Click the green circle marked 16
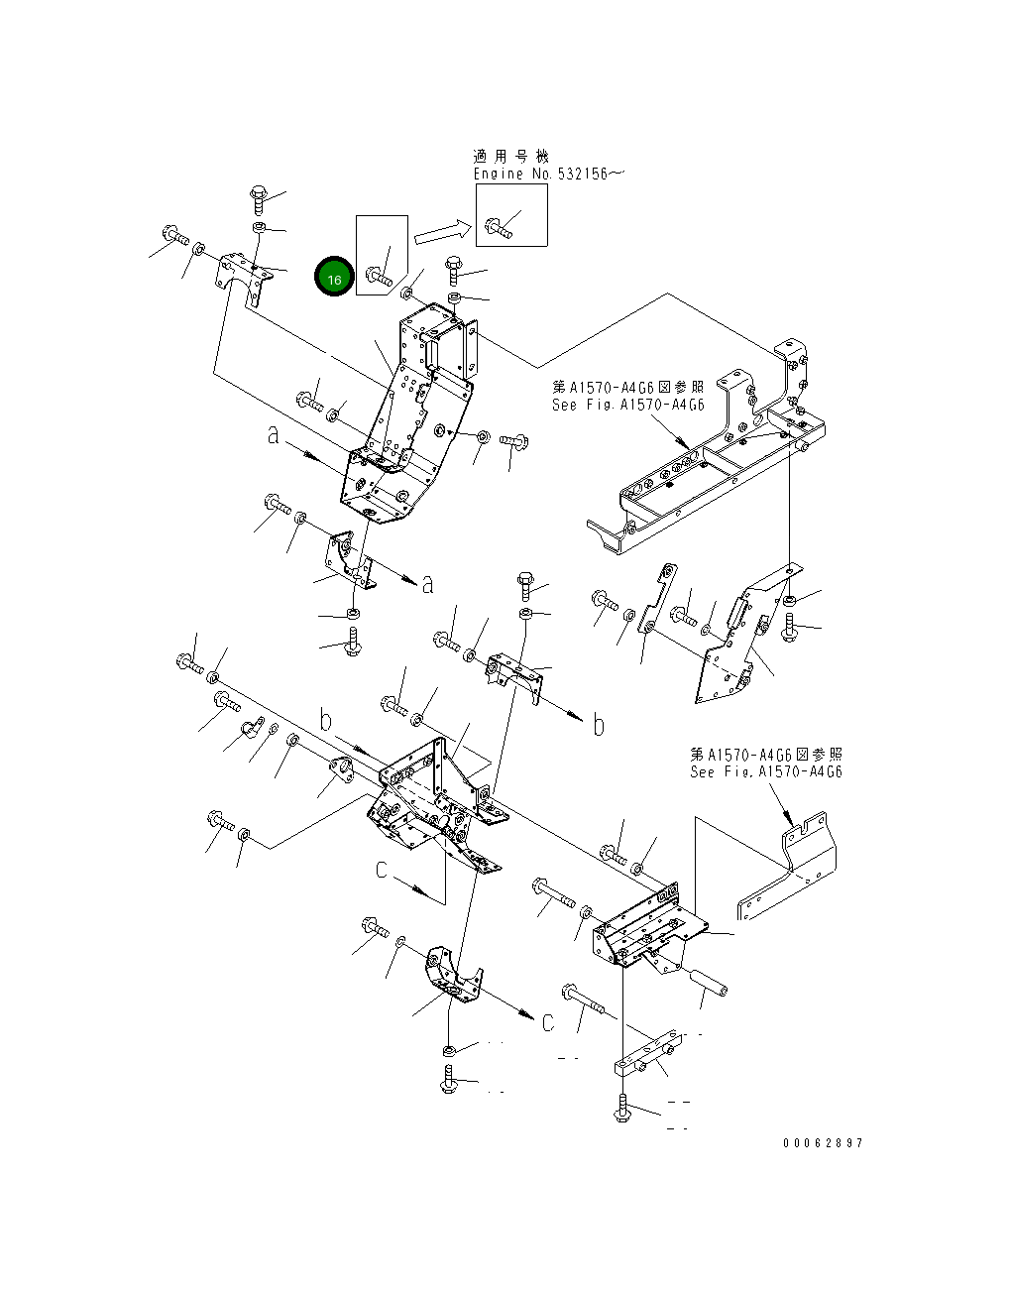(x=334, y=279)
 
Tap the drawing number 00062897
(x=822, y=1143)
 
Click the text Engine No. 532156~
(x=548, y=174)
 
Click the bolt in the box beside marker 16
(x=380, y=273)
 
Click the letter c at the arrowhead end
(x=547, y=1023)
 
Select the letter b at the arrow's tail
(x=325, y=720)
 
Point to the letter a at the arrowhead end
(x=427, y=585)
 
